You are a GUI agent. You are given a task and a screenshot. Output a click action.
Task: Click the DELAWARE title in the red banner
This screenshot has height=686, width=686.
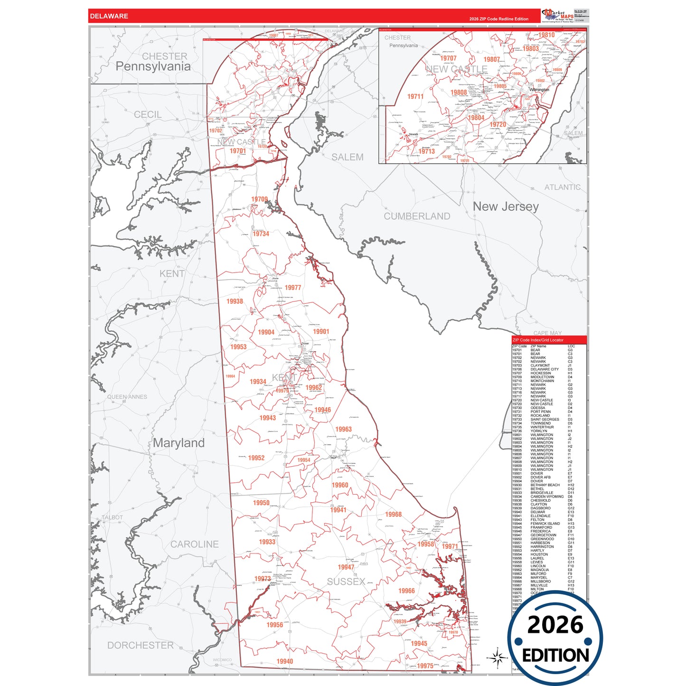coord(109,16)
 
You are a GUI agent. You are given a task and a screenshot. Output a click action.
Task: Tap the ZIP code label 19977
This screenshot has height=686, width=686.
coord(293,288)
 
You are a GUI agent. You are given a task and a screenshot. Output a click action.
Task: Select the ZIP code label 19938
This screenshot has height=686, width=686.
coord(235,301)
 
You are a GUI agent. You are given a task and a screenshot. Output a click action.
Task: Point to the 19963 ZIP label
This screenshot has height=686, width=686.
coord(343,429)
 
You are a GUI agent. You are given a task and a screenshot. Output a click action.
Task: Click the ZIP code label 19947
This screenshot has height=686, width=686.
coord(346,567)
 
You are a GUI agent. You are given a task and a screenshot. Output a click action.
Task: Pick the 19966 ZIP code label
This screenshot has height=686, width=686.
coord(406,591)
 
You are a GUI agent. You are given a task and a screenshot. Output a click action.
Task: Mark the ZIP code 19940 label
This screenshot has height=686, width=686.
coord(285,661)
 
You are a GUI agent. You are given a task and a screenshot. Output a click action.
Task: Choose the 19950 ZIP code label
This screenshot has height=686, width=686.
coord(261,503)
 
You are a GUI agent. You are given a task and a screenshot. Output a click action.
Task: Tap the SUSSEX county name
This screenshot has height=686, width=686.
coord(346,582)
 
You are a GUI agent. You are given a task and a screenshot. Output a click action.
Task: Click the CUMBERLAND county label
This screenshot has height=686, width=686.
coord(417,216)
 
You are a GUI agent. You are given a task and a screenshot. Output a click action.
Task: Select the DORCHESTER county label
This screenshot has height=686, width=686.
coord(141,645)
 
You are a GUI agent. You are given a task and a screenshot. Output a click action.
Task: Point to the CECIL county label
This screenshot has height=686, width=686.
coord(148,114)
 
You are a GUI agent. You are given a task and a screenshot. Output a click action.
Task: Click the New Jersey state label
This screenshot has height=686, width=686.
coord(506,207)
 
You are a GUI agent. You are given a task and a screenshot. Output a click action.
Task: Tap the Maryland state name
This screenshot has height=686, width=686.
coord(179,443)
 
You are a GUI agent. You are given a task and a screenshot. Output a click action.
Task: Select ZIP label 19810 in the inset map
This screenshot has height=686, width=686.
coord(546,35)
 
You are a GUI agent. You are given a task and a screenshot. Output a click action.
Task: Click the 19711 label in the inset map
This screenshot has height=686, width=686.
coord(415,96)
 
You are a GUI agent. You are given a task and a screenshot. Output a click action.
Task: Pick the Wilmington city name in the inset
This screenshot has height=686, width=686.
coord(539,89)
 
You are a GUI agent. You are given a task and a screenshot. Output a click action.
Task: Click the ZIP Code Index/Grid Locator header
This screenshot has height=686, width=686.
coord(538,340)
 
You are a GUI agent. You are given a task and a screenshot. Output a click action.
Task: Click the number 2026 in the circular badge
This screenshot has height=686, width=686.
coord(555,625)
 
